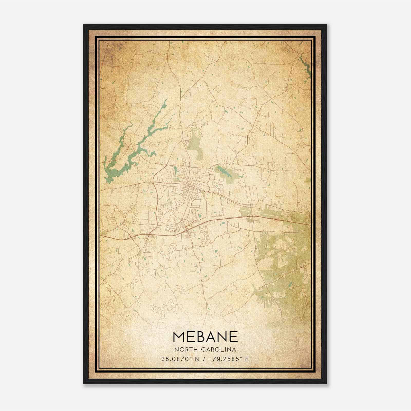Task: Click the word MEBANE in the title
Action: [x=205, y=337]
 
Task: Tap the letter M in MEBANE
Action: [x=179, y=337]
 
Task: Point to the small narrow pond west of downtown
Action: [x=175, y=170]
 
